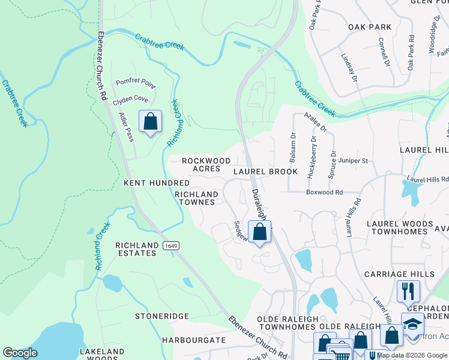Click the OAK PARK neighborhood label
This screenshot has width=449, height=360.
[369, 27]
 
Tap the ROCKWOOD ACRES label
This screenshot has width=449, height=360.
[206, 165]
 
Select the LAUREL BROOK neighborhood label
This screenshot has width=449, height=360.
[265, 172]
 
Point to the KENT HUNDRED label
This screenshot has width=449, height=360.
[156, 182]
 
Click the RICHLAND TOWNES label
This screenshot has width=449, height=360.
[196, 199]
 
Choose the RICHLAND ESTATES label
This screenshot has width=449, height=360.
[136, 250]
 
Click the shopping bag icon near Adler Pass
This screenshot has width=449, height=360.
[150, 121]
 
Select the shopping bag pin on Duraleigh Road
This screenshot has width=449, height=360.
[259, 232]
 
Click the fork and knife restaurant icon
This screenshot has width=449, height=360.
[408, 291]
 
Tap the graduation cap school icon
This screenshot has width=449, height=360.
[412, 323]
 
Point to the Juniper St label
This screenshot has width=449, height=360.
[354, 161]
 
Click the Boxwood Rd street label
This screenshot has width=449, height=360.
[324, 193]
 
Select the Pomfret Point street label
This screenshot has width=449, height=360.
[135, 82]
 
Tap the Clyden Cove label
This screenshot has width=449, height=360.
[130, 98]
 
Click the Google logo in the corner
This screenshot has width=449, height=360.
[20, 353]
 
